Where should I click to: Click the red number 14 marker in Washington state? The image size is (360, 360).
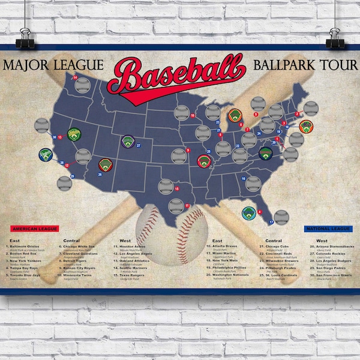coord(76,78)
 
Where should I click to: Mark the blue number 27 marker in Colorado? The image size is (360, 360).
coord(139,145)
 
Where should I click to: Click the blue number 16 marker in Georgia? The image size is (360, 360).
coord(244,178)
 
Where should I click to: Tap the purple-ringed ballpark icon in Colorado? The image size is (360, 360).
coord(127,142)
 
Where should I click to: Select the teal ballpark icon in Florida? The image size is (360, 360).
coord(249,212)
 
